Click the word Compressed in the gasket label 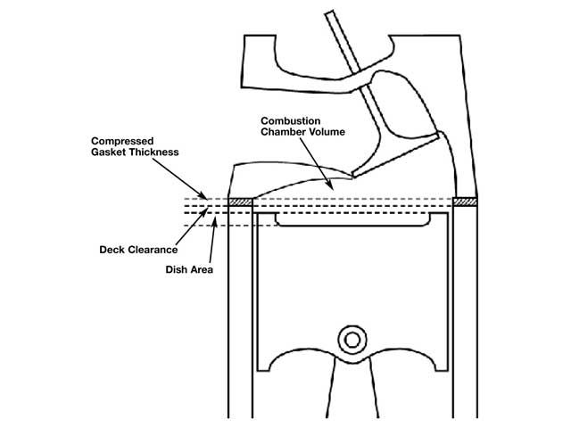click(x=122, y=142)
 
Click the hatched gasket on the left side click(x=240, y=202)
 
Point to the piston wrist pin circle click(x=351, y=340)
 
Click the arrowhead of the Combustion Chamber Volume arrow click(x=332, y=187)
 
